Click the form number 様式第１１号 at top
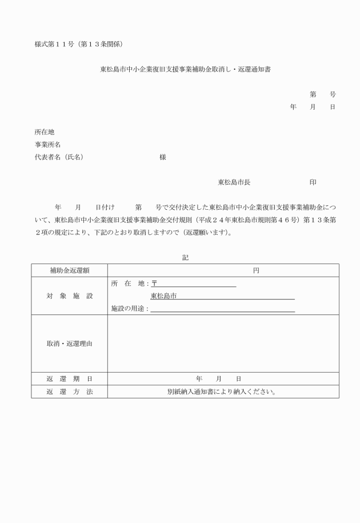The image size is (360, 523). point(55,44)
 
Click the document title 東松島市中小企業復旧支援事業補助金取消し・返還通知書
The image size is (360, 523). point(185,70)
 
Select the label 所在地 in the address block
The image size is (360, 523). point(45,132)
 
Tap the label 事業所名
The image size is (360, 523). point(48,145)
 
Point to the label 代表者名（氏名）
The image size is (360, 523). point(59,157)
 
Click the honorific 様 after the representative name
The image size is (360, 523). point(163,157)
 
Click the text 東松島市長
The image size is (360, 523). point(234,182)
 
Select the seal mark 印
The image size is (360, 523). point(313,182)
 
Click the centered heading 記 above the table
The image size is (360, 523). point(185,258)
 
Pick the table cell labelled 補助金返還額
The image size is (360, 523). point(69,270)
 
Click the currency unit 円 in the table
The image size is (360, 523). point(256,270)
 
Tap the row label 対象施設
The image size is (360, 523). point(69,296)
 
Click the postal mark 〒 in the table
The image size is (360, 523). point(154,284)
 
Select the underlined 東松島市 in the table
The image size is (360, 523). point(163,296)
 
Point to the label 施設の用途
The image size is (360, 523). point(130,309)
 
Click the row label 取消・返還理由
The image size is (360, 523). point(69,344)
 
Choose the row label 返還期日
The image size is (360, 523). point(69,379)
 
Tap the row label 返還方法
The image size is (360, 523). point(69,392)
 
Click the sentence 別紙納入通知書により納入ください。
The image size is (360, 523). point(222,392)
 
